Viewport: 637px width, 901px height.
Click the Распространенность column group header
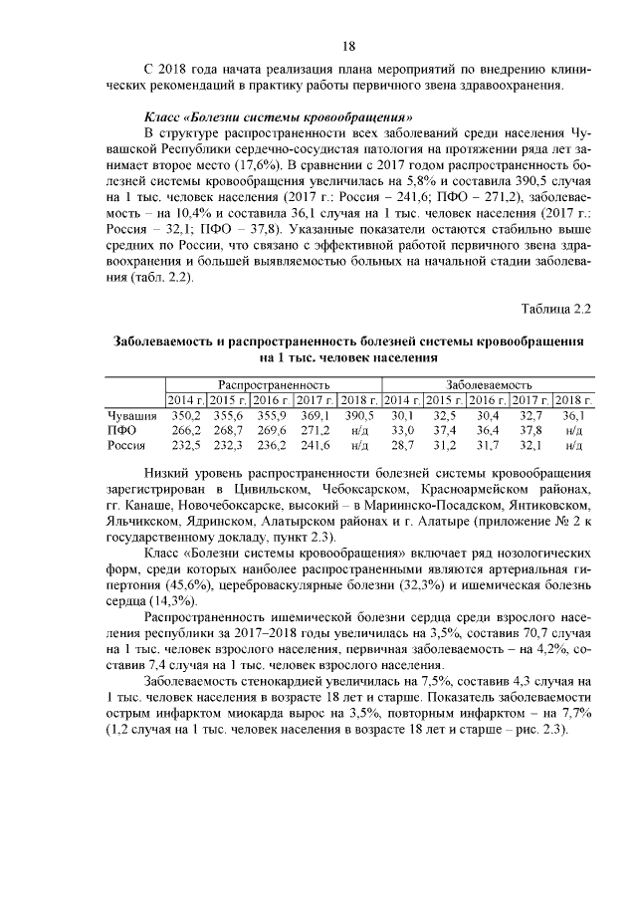[274, 383]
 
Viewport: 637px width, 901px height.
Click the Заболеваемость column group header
[488, 383]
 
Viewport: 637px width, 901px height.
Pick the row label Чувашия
[131, 414]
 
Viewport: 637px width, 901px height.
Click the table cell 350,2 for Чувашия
[185, 414]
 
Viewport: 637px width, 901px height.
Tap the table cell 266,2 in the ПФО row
[185, 429]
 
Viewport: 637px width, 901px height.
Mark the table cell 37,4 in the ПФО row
[445, 429]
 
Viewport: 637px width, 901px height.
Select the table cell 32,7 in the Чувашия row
[531, 414]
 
